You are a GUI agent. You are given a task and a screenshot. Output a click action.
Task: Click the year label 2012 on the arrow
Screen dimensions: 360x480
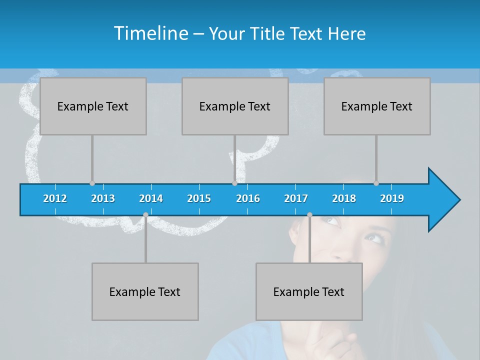click(x=55, y=198)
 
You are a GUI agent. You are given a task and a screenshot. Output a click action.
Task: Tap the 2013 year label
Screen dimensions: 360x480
click(x=103, y=198)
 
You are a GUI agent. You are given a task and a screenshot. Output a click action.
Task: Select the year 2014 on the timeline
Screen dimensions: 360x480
click(x=151, y=198)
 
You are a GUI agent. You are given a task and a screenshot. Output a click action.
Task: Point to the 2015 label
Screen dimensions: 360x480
click(x=199, y=198)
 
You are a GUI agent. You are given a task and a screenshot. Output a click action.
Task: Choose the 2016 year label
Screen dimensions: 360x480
click(x=248, y=198)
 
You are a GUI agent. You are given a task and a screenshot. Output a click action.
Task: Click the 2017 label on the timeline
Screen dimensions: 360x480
click(x=296, y=198)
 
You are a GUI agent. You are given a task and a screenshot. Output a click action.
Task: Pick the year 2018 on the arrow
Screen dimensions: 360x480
click(x=344, y=198)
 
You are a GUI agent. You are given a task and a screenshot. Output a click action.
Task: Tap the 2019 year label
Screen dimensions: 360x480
click(x=392, y=198)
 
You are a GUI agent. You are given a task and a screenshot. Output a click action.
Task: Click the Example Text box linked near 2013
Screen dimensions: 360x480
click(x=93, y=106)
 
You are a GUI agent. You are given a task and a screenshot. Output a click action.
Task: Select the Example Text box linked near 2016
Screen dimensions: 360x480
click(x=235, y=106)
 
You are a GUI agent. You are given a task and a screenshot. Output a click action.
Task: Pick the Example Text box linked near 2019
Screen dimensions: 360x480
click(x=377, y=106)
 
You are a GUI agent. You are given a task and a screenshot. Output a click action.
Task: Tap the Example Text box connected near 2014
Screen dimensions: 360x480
click(x=145, y=291)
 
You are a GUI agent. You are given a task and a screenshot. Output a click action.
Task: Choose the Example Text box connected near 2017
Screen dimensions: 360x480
click(x=309, y=291)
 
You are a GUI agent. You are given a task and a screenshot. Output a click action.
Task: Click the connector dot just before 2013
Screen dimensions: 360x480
click(x=92, y=183)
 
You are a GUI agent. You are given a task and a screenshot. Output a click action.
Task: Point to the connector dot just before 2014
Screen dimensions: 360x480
click(x=145, y=215)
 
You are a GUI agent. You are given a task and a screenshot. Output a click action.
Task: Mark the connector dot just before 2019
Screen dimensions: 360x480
click(x=376, y=183)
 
